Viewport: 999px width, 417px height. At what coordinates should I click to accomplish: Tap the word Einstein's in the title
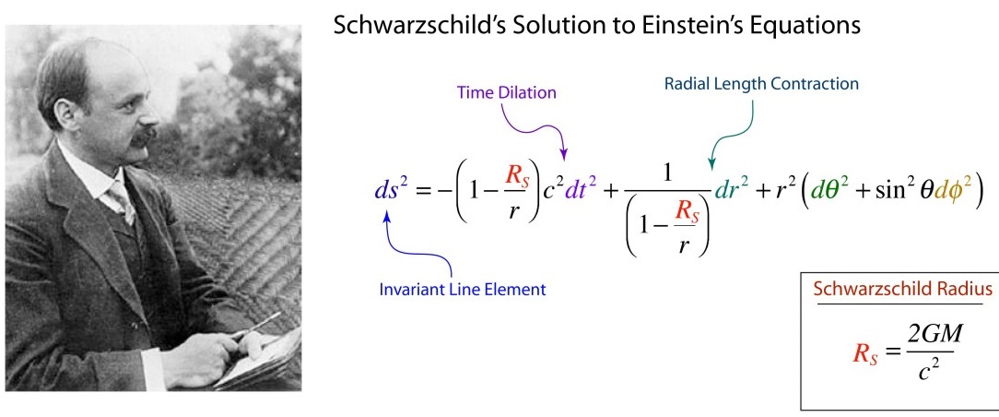[710, 25]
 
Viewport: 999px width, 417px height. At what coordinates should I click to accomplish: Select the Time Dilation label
[507, 92]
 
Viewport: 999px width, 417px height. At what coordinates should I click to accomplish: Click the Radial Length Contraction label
[761, 84]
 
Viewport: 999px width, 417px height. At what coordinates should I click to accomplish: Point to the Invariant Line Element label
[463, 289]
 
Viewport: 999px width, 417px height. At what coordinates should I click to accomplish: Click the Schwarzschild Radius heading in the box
[903, 289]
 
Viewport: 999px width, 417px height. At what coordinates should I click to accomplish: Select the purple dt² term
[578, 191]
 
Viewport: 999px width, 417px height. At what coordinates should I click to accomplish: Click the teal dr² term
[731, 191]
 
